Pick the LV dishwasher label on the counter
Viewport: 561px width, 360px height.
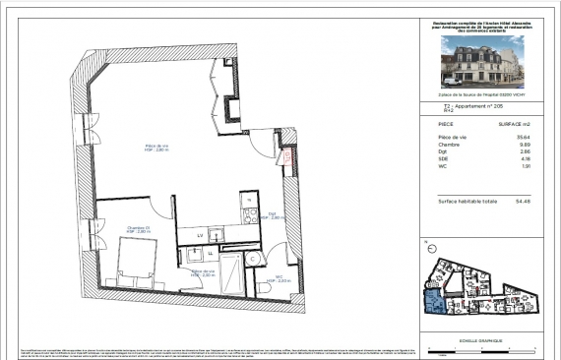click(x=200, y=236)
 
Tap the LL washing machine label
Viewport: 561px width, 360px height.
click(x=210, y=253)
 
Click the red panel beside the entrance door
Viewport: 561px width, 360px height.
click(x=287, y=156)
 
